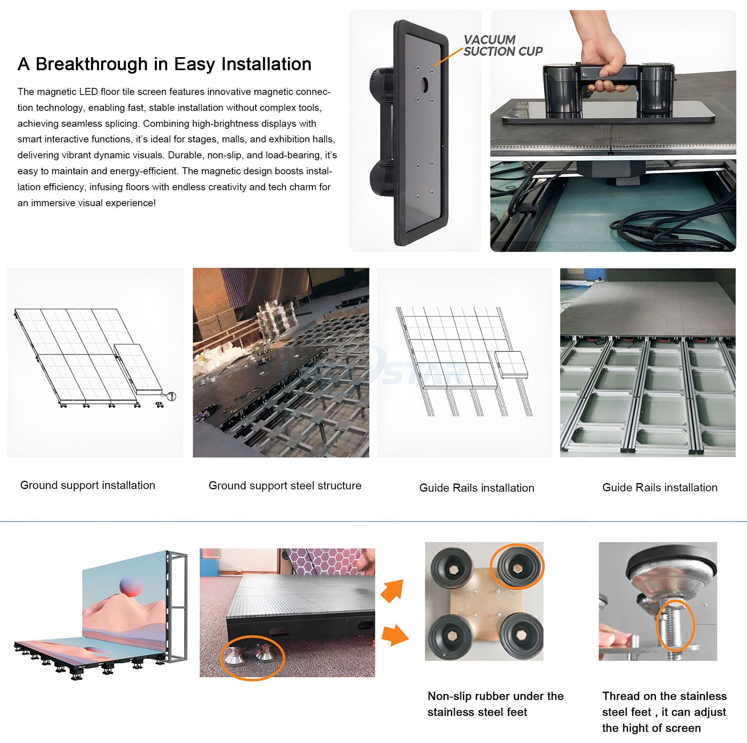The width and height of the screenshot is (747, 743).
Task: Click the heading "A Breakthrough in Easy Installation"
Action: [164, 64]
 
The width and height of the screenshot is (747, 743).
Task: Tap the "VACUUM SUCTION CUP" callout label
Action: [503, 46]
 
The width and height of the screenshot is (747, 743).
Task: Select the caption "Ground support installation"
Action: [88, 485]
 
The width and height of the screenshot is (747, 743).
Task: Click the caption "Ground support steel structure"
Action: [285, 485]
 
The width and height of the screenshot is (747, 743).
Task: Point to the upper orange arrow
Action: [393, 591]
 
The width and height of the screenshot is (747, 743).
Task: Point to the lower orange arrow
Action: [395, 636]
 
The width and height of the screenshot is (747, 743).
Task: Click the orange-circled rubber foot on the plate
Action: [517, 567]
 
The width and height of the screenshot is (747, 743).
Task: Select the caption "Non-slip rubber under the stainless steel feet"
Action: [495, 704]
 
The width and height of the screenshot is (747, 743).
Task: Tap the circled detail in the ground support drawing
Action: [171, 396]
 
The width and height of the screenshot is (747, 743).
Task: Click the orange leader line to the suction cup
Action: [448, 57]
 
